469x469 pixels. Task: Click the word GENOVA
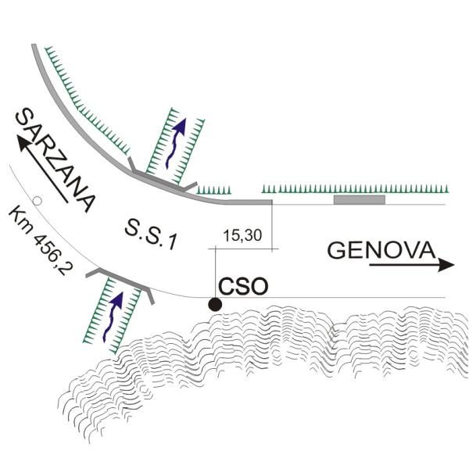pos(381,250)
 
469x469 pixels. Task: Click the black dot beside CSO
pos(214,304)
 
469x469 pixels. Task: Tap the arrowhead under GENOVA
pos(446,265)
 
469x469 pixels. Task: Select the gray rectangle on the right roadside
pos(359,200)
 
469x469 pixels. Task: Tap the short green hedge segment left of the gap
pos(214,190)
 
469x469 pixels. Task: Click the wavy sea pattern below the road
pos(274,367)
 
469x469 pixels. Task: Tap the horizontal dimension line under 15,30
pos(242,249)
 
